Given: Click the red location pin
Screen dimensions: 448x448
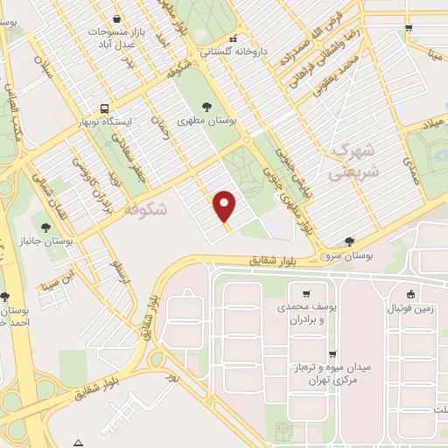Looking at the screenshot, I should coord(226,206).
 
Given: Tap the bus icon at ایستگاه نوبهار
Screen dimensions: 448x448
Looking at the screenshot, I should coord(105,110).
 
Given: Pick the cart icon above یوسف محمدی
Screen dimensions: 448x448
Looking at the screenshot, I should coord(305,293).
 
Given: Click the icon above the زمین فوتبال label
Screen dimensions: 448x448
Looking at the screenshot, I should coord(410,293).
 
